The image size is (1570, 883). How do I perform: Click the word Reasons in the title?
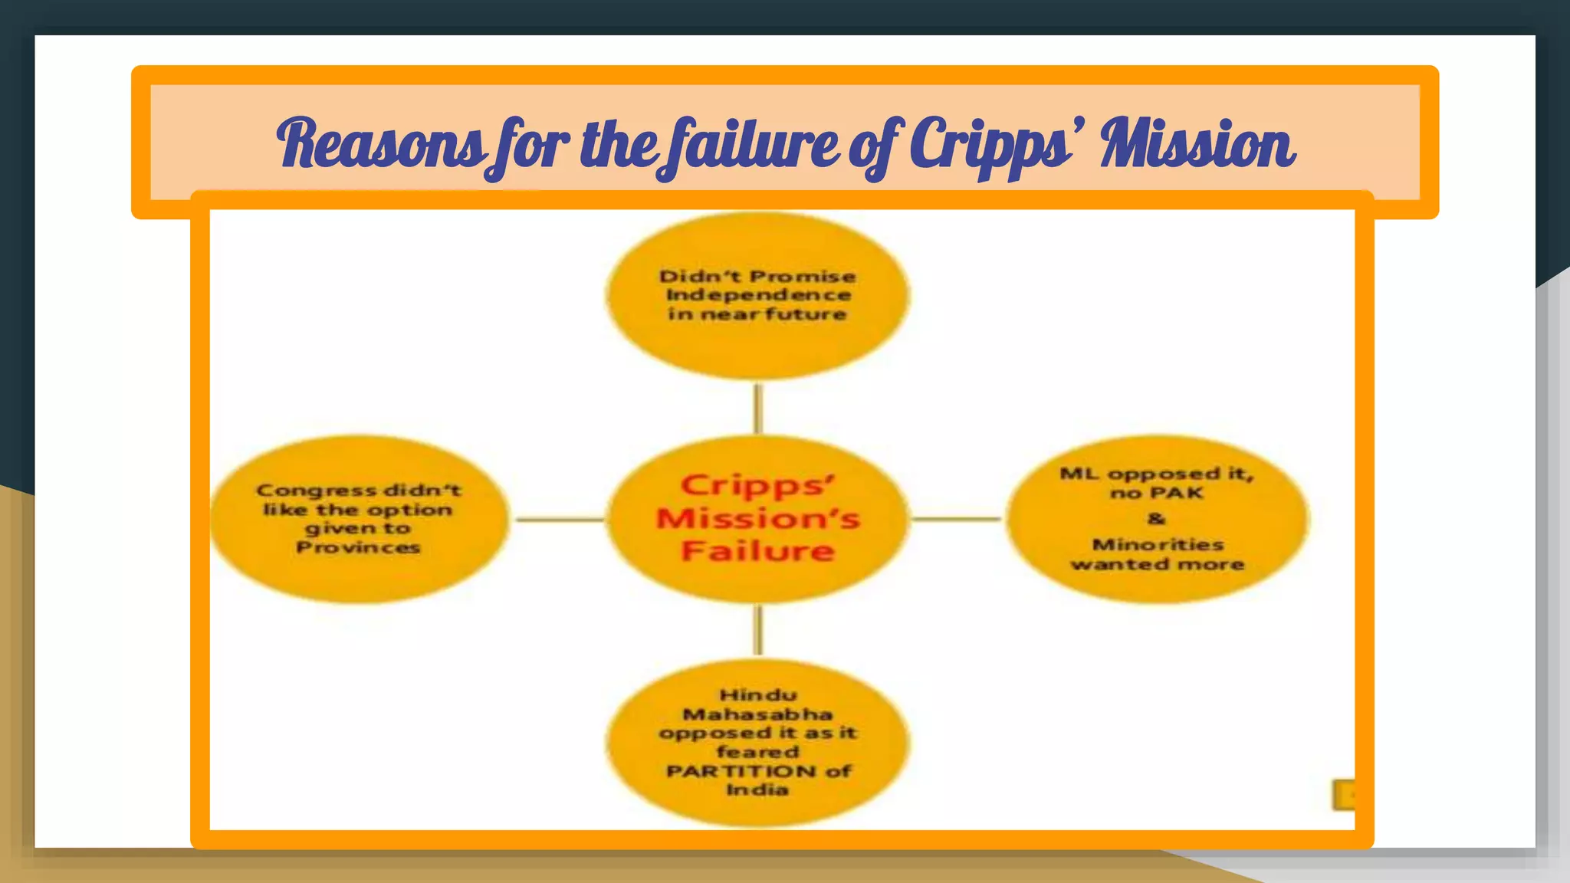pyautogui.click(x=379, y=144)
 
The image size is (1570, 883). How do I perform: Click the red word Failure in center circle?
pyautogui.click(x=757, y=551)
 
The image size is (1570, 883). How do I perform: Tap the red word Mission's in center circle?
pyautogui.click(x=757, y=518)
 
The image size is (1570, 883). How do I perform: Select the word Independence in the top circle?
pyautogui.click(x=758, y=295)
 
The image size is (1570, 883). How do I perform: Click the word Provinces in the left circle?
pyautogui.click(x=358, y=547)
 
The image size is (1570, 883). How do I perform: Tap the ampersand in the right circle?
pyautogui.click(x=1156, y=519)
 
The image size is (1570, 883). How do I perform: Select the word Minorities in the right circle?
pyautogui.click(x=1158, y=545)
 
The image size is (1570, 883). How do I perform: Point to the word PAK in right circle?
pyautogui.click(x=1177, y=493)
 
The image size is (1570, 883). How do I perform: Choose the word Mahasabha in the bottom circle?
pyautogui.click(x=757, y=714)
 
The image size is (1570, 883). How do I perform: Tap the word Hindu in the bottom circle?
pyautogui.click(x=757, y=695)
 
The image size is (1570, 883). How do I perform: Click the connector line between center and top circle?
pyautogui.click(x=758, y=408)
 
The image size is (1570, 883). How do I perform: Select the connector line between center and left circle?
pyautogui.click(x=560, y=520)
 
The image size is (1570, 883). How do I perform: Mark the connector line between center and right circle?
pyautogui.click(x=956, y=519)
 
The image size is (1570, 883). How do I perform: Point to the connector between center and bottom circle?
pyautogui.click(x=758, y=630)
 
